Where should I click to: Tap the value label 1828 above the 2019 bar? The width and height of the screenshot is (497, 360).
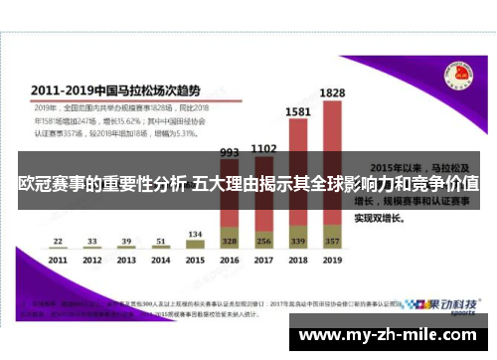tap(332, 93)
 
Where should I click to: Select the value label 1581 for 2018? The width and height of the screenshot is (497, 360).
tap(297, 113)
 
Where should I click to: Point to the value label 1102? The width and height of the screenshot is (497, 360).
tap(263, 149)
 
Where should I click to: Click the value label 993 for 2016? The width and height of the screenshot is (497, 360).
tap(230, 153)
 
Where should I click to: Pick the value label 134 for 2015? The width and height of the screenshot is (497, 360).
tap(195, 235)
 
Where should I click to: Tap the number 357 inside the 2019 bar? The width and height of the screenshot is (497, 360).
tap(332, 242)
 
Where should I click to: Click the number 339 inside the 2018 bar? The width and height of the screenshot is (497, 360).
tap(297, 242)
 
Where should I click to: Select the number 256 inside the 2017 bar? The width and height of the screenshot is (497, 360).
tap(263, 242)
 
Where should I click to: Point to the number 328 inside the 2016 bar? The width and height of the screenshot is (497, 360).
tap(230, 242)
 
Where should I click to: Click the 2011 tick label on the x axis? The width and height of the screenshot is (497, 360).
tap(59, 260)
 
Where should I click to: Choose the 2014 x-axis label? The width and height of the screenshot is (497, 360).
tap(161, 260)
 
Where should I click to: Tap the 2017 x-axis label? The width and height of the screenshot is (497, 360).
tap(263, 260)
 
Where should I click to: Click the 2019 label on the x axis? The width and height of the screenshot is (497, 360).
tap(332, 260)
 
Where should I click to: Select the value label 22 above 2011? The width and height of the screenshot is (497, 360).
tap(59, 241)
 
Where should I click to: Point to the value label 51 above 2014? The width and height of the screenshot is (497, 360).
tap(161, 241)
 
